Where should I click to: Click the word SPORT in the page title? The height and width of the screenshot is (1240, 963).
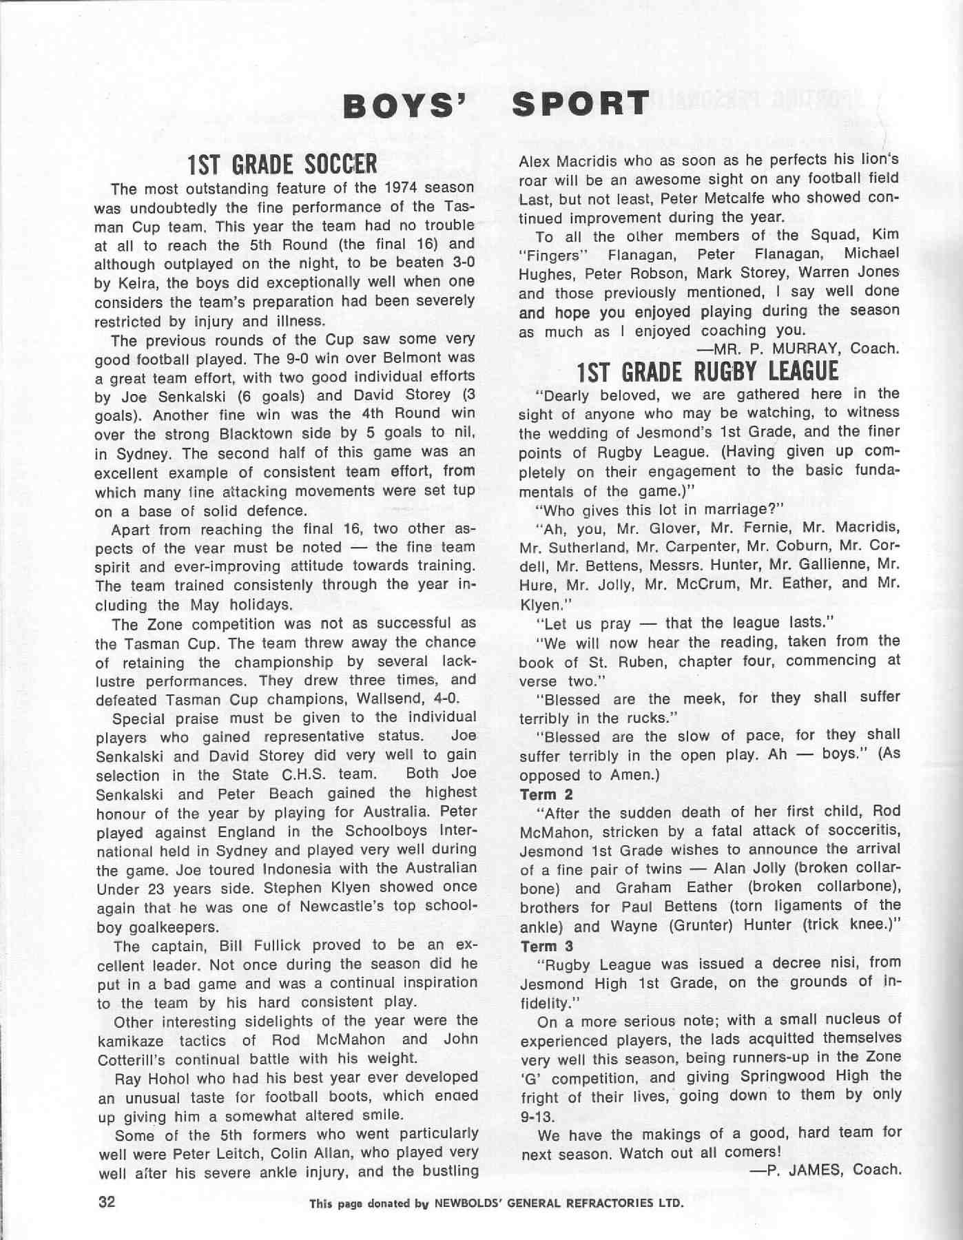tap(581, 103)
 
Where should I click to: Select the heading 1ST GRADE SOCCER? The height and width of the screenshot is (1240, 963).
tap(282, 165)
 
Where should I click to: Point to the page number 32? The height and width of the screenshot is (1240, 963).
tap(107, 1202)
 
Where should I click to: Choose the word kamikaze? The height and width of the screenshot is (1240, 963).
tap(129, 1040)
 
